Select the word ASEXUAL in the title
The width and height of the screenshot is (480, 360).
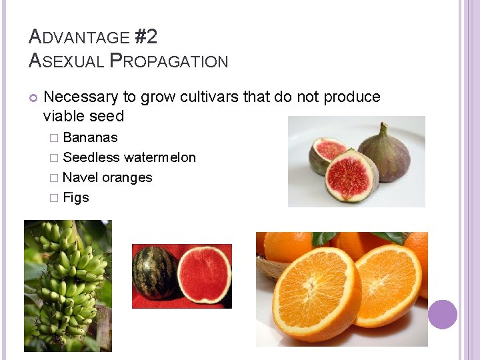pos(67,61)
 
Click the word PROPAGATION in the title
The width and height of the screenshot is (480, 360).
pos(169,61)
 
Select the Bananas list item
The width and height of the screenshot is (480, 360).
pos(89,138)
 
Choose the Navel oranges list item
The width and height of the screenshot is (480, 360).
pos(107,178)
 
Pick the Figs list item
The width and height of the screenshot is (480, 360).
pos(75,198)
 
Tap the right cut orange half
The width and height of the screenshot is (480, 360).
pos(388,285)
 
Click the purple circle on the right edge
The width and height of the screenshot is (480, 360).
pos(443,315)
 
